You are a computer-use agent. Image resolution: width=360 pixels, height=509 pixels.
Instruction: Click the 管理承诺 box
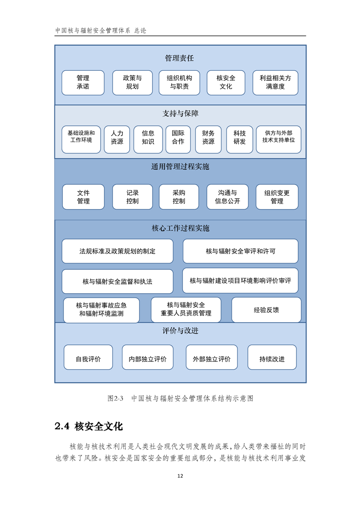tap(83, 83)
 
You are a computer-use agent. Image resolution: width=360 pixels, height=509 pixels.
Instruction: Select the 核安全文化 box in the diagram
tap(226, 83)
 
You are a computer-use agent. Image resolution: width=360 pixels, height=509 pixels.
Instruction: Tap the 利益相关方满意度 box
tap(275, 83)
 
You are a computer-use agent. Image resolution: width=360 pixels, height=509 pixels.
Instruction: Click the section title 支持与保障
tap(180, 113)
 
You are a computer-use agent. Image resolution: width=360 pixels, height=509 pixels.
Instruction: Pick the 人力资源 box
tap(117, 140)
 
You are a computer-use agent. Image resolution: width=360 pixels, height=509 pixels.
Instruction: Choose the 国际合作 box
tap(178, 140)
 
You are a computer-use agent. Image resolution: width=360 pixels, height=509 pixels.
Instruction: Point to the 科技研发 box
tap(239, 140)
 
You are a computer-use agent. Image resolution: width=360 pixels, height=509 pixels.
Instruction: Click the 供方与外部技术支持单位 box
tap(278, 140)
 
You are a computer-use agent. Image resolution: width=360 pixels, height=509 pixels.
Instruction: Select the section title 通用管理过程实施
tap(180, 167)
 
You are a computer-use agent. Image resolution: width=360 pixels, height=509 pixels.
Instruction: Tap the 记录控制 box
tap(133, 197)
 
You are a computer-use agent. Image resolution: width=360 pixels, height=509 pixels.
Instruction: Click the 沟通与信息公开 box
tap(227, 197)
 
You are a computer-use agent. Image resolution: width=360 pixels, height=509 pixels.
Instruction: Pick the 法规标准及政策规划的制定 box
tap(117, 251)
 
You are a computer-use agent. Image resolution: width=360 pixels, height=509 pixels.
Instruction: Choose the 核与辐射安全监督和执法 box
tap(117, 281)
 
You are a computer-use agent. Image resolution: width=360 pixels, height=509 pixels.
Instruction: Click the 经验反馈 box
tap(266, 310)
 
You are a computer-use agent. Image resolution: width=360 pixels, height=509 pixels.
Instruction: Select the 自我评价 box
tap(88, 357)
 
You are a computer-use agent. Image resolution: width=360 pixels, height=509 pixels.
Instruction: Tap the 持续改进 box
tap(272, 357)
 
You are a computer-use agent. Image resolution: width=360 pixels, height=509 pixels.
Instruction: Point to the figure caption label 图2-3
tap(115, 398)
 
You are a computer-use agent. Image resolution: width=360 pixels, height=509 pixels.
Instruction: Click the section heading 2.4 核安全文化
tap(89, 426)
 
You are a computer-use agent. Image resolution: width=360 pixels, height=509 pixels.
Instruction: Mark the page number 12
tap(180, 476)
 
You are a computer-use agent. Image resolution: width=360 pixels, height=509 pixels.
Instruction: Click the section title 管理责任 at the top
tap(179, 58)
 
